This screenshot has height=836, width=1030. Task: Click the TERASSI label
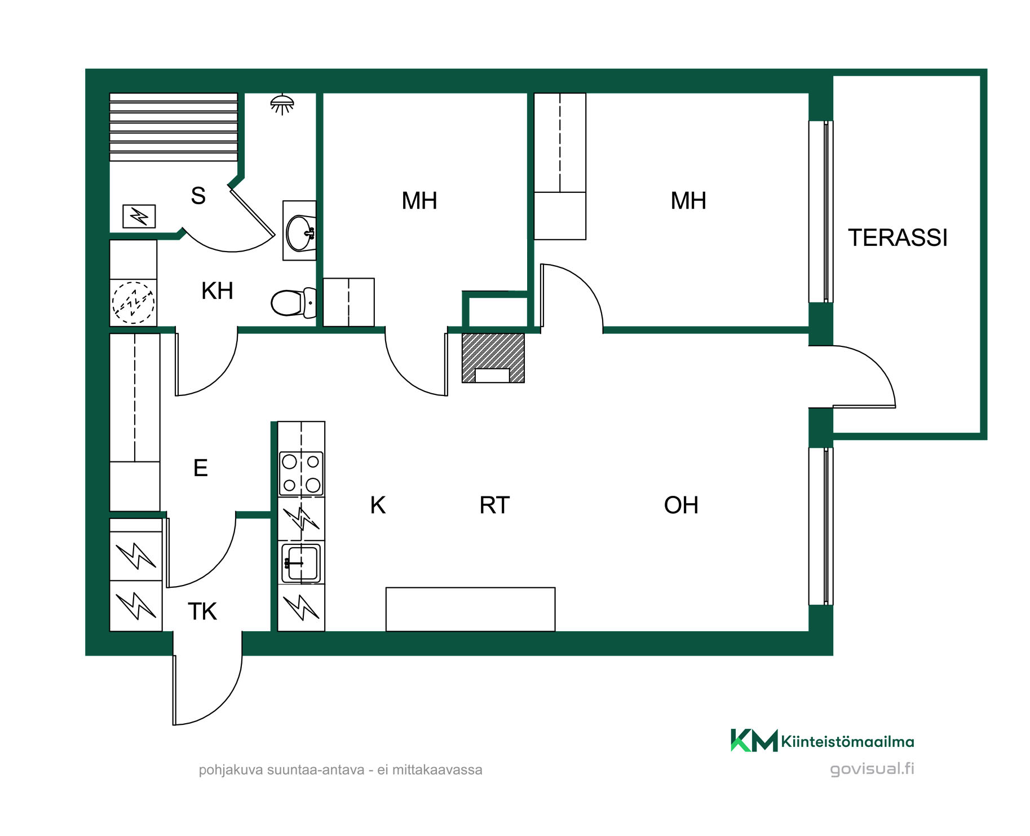click(898, 237)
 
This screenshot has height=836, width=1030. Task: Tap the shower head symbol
click(282, 104)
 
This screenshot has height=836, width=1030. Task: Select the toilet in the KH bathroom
click(294, 303)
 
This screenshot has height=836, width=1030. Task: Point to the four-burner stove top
click(301, 473)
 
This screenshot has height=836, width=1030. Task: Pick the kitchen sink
click(301, 562)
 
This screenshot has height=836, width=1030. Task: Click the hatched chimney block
click(493, 358)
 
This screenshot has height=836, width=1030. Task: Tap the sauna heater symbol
click(139, 216)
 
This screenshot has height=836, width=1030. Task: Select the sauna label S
click(198, 196)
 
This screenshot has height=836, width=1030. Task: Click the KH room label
click(217, 291)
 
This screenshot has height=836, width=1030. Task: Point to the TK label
click(202, 611)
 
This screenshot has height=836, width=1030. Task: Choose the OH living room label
click(681, 505)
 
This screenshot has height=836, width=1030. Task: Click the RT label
click(494, 505)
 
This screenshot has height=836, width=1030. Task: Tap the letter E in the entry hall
click(201, 468)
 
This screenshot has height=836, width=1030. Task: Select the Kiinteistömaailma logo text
click(847, 741)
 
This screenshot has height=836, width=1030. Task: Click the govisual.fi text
click(872, 769)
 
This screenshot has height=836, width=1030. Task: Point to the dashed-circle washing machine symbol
click(133, 303)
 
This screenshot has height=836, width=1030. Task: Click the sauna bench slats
click(174, 127)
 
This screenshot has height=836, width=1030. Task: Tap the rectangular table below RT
click(471, 609)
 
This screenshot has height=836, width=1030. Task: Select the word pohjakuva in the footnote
click(231, 770)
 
